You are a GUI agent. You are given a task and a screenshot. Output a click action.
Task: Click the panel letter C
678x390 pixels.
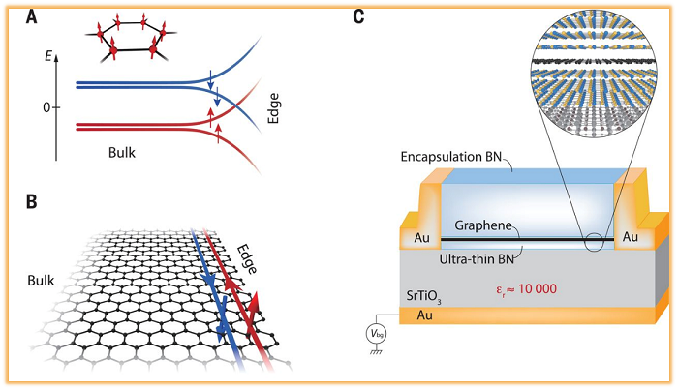pos(359,17)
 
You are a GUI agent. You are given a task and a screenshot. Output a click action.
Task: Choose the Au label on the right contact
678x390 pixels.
pos(631,235)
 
